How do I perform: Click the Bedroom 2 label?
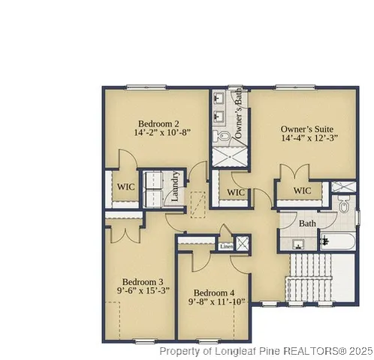pos(158,123)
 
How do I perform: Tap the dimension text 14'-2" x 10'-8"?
pos(163,133)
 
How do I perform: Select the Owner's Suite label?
pos(306,128)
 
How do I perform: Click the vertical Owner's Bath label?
pos(238,112)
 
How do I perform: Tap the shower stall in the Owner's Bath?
pos(229,157)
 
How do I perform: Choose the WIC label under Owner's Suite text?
pos(303,191)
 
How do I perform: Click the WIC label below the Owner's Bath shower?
pos(237,193)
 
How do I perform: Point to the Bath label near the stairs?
pos(308,223)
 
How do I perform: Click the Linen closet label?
pos(226,245)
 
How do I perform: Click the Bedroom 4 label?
pos(213,292)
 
